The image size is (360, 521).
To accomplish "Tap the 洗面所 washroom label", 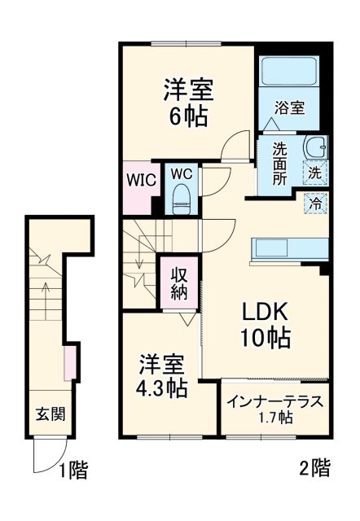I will point(280,164).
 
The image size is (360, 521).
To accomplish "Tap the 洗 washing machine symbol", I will point(315,172).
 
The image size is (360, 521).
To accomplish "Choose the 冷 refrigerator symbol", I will point(315,203).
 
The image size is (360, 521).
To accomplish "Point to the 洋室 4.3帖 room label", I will point(160,375).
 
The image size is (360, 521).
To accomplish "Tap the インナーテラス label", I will point(275,408).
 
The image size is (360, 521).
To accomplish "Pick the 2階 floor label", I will point(314,468).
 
